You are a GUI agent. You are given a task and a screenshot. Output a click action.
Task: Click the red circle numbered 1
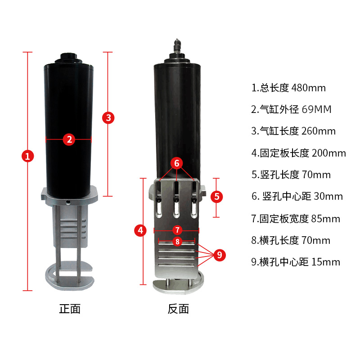pos(28,156)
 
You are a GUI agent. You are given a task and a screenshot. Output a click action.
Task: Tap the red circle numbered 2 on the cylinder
pos(69,139)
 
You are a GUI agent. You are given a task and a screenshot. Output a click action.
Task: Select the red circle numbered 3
pos(108,118)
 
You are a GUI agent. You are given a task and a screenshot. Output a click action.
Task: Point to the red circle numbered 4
pos(141,230)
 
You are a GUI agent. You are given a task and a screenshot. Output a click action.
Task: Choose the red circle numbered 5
pos(217,197)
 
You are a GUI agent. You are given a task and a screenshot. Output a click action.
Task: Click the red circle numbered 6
pos(177,163)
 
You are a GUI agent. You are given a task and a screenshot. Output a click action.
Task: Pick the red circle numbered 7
pos(177,229)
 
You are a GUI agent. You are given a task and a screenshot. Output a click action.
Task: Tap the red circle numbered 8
pos(177,242)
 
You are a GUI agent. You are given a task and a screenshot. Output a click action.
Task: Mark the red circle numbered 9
pos(219,255)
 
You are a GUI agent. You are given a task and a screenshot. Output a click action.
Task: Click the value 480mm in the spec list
pos(309,88)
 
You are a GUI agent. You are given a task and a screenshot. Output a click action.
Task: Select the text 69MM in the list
pos(316,109)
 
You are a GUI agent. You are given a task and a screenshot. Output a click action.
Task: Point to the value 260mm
pos(319,131)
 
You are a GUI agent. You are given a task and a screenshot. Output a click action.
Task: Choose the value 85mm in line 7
pos(325,219)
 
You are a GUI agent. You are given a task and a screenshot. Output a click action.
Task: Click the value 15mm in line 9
pos(324,262)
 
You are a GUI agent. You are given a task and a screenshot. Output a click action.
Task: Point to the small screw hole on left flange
pos(67,202)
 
